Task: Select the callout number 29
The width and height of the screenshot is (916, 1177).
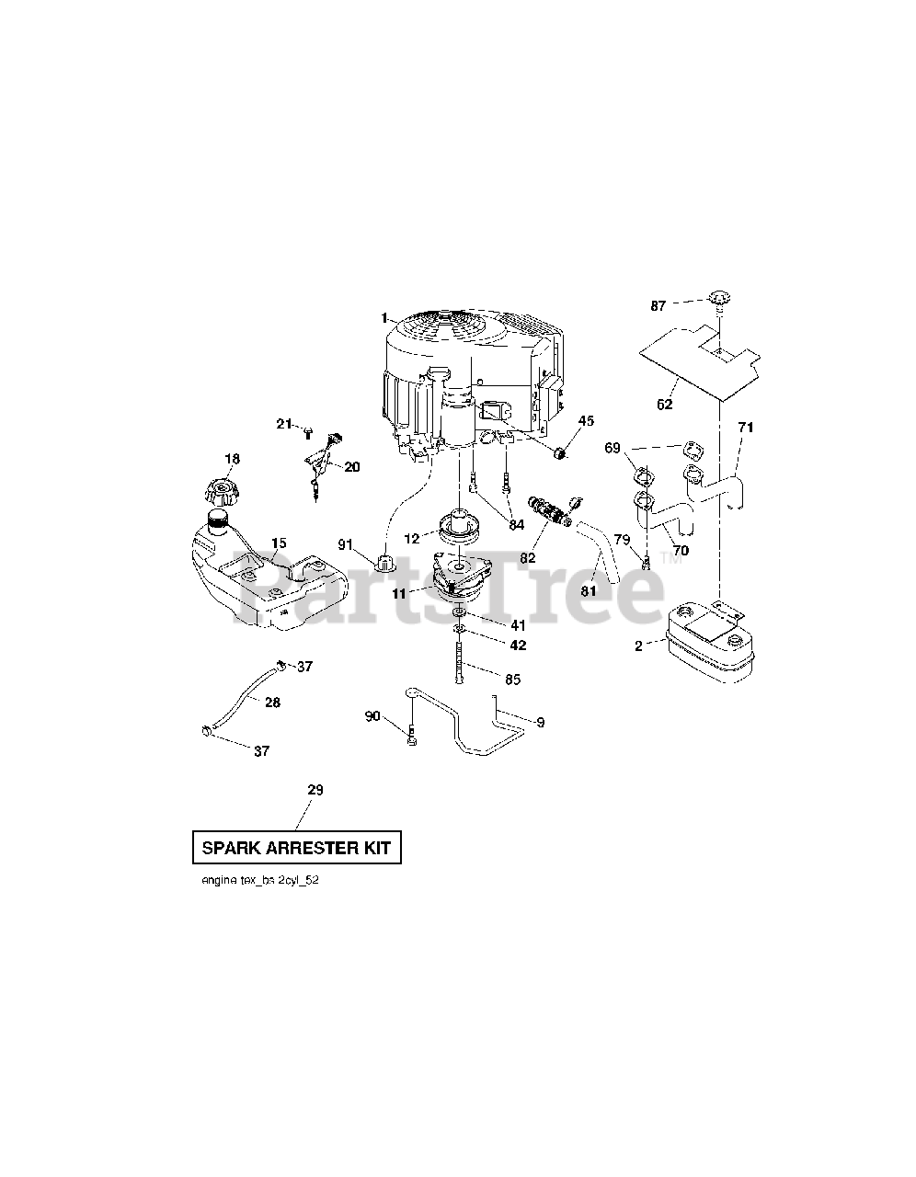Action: pyautogui.click(x=315, y=790)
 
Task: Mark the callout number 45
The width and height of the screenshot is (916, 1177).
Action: pyautogui.click(x=586, y=421)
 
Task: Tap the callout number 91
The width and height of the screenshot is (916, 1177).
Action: pyautogui.click(x=346, y=544)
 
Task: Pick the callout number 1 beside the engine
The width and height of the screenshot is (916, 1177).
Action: pyautogui.click(x=384, y=317)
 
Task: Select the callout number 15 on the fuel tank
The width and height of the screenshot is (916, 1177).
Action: pyautogui.click(x=278, y=543)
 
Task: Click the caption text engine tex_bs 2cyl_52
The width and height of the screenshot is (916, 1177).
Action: pyautogui.click(x=260, y=880)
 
